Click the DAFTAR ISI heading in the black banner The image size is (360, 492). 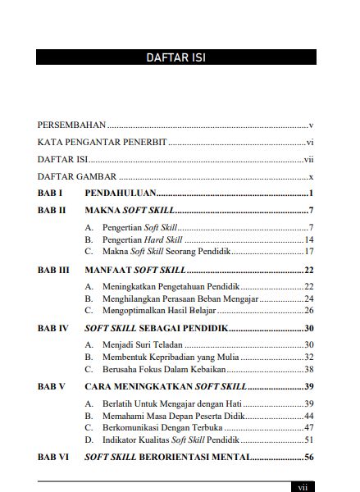176,57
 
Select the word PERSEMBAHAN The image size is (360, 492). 72,125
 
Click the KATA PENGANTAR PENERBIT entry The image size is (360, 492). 102,143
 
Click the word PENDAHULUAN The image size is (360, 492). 120,194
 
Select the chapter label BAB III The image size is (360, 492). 55,269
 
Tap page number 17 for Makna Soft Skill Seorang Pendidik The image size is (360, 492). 309,252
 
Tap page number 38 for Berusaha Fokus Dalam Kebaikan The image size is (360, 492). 309,369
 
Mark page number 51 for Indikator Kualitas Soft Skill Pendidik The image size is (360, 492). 309,440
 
